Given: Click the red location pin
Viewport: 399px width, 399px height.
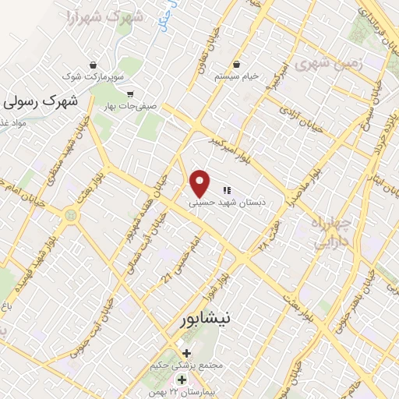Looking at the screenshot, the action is point(201,182).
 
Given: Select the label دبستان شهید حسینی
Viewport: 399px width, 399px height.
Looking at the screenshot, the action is point(227,202).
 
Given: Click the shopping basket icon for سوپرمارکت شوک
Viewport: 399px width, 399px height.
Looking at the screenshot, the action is point(94,65).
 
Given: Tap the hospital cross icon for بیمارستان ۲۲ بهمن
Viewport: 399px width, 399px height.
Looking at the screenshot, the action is point(182,380).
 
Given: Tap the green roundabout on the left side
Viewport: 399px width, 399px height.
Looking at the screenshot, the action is point(71,213).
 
